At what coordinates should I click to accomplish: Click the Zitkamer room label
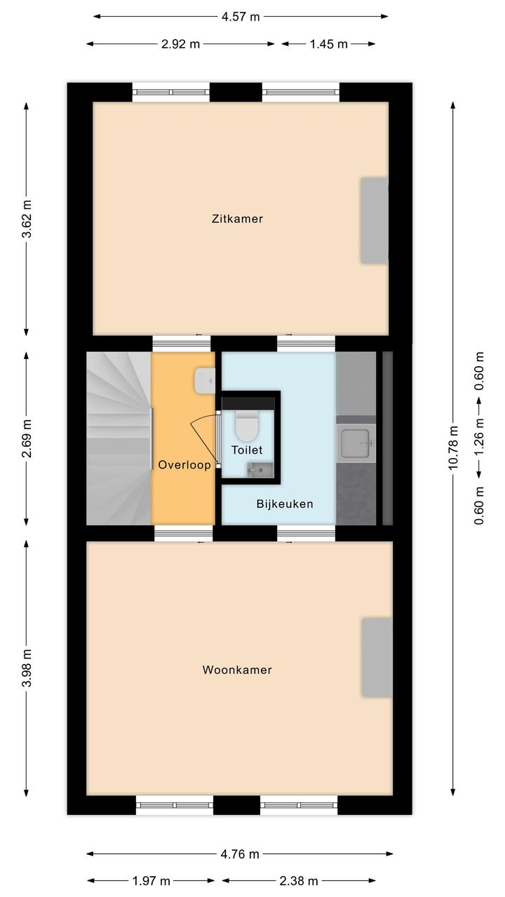coord(237,219)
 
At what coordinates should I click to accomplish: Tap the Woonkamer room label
coord(237,670)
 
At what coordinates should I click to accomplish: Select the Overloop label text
coord(184,464)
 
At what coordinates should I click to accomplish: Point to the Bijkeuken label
coord(285,504)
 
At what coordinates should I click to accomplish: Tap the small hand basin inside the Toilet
coord(260,470)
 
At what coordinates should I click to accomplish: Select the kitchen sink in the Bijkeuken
coord(356,443)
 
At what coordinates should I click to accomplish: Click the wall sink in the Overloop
coord(205,381)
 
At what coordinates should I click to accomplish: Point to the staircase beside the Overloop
coord(119,438)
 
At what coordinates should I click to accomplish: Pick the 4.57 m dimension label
coord(241,17)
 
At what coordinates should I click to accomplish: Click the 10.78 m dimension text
coord(453,447)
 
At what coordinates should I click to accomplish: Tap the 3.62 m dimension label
coord(27,219)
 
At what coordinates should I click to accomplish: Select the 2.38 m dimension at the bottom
coord(299,881)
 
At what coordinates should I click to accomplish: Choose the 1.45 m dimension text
coord(329,44)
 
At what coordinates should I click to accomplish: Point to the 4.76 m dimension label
coord(240,854)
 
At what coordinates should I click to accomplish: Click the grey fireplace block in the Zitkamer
coord(375,221)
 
